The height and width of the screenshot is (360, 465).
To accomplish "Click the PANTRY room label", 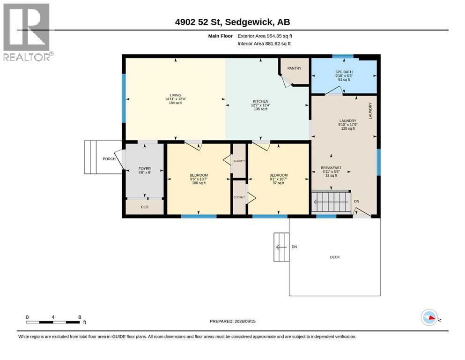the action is click(x=294, y=68).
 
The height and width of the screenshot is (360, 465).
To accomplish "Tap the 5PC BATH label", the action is click(x=344, y=72).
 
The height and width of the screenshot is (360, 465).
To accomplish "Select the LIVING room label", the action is click(x=176, y=95).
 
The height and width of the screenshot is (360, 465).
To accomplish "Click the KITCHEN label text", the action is click(x=261, y=101).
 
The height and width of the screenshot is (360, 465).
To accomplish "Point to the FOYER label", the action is click(x=145, y=169).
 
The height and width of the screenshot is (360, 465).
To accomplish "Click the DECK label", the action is click(x=335, y=257).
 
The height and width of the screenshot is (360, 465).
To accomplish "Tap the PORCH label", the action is click(x=109, y=159).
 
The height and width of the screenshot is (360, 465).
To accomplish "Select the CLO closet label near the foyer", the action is click(x=145, y=207).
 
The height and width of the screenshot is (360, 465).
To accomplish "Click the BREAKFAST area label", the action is click(x=331, y=168).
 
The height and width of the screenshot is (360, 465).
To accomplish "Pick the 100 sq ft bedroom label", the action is click(x=199, y=179).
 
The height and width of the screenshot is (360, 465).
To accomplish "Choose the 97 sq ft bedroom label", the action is click(x=279, y=179).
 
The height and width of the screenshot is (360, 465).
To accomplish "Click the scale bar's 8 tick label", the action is click(x=80, y=317).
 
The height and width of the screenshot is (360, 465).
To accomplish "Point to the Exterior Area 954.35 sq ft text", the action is click(x=265, y=36).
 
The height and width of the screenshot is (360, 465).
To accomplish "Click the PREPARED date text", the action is click(x=232, y=321).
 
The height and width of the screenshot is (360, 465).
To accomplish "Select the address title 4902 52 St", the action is click(x=198, y=22).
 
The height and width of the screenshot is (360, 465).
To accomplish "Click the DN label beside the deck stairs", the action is click(x=294, y=247).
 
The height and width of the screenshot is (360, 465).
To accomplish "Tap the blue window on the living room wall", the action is click(x=124, y=98).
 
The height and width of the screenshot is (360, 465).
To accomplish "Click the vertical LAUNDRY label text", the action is click(x=370, y=111).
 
